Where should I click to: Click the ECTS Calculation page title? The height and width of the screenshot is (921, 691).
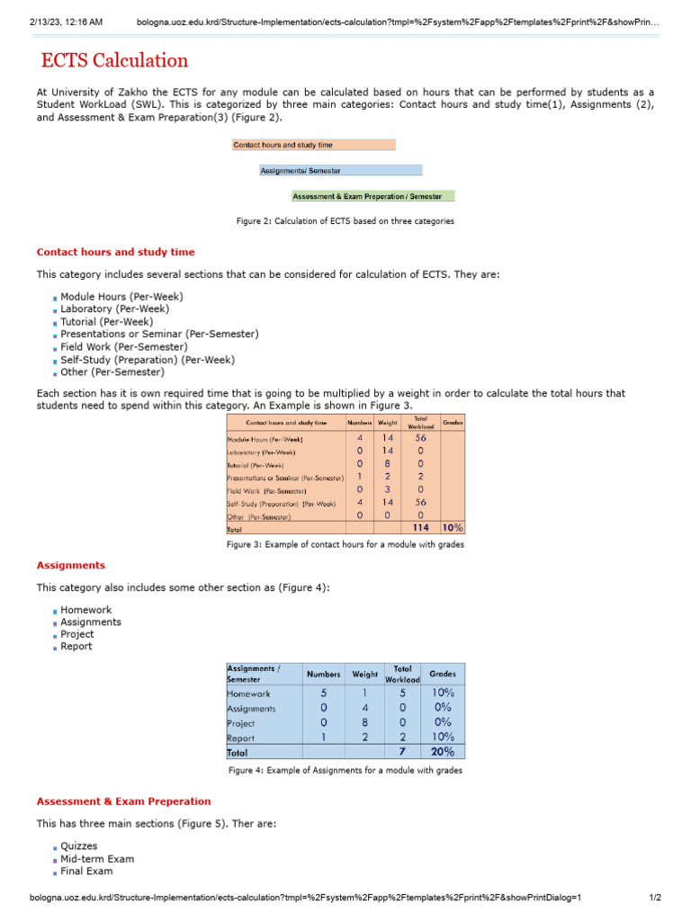[114, 61]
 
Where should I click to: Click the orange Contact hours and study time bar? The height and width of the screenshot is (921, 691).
[313, 145]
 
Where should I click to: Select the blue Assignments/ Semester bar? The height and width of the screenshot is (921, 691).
[340, 170]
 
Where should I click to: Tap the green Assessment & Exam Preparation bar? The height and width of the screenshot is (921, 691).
[372, 196]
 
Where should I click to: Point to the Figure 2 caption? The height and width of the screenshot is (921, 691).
[345, 220]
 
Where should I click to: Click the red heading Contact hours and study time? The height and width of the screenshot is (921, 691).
[115, 252]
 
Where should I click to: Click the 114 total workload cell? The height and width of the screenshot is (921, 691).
[420, 529]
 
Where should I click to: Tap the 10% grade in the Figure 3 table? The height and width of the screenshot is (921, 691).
[453, 529]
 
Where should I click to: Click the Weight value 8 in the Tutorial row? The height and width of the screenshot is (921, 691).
[387, 465]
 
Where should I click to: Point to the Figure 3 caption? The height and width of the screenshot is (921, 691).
[345, 544]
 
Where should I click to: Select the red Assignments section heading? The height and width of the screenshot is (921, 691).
[70, 566]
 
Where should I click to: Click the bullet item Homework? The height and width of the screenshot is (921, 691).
[86, 610]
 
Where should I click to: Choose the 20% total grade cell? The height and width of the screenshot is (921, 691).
[443, 752]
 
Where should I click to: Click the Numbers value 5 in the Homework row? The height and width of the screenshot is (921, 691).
[323, 693]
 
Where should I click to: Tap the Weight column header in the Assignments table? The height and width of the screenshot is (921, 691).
[364, 674]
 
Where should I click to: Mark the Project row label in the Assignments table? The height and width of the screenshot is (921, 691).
[241, 723]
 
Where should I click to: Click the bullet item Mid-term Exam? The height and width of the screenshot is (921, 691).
[97, 859]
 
